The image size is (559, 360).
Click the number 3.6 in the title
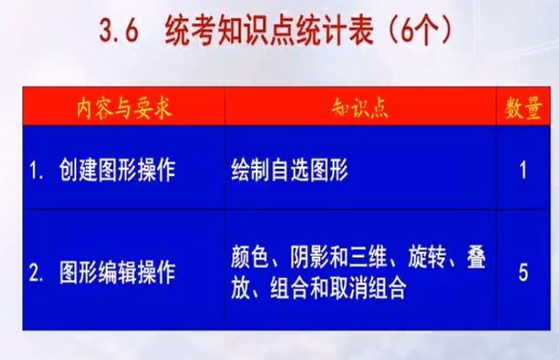(x=119, y=31)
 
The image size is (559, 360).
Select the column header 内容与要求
(x=125, y=108)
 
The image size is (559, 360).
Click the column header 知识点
(x=360, y=108)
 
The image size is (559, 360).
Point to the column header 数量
(x=524, y=108)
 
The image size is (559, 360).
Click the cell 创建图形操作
(x=118, y=170)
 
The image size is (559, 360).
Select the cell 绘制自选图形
(x=289, y=170)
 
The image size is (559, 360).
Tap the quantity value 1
(x=523, y=170)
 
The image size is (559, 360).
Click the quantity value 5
(x=523, y=272)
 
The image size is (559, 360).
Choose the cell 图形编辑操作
(x=118, y=272)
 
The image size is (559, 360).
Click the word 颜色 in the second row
(x=250, y=257)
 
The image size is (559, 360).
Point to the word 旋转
(x=426, y=257)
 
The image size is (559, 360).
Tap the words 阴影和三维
(x=339, y=257)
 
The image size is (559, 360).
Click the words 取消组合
(x=368, y=287)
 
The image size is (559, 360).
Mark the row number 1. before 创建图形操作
(x=36, y=171)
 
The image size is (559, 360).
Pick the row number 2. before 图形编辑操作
(x=36, y=273)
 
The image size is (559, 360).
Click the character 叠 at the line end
(x=476, y=257)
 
